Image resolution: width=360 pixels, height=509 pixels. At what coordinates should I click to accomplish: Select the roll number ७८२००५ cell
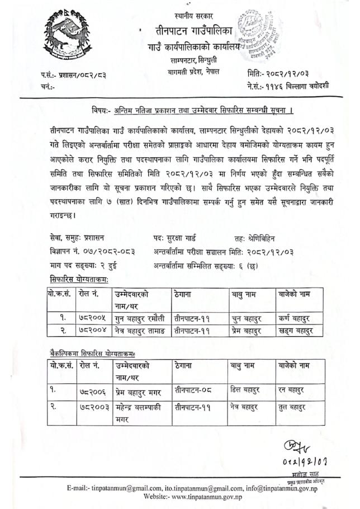tap(92, 318)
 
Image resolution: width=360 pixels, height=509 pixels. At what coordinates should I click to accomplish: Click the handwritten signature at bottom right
tap(293, 447)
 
